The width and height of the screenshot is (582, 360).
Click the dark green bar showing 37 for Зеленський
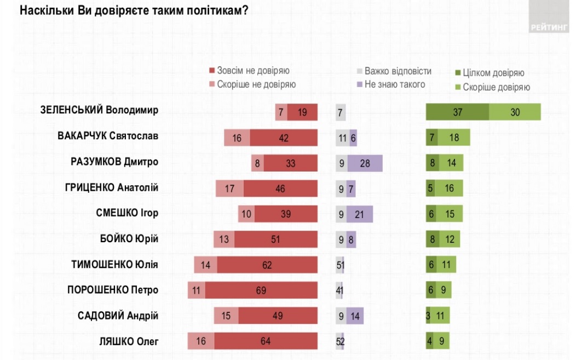457,112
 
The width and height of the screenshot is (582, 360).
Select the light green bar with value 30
515,112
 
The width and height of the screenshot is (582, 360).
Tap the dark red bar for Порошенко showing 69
262,290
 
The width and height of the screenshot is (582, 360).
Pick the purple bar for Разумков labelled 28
365,163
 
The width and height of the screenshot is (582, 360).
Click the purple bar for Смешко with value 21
360,214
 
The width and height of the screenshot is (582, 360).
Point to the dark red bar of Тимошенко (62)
267,265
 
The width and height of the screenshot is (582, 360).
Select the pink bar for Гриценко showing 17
230,188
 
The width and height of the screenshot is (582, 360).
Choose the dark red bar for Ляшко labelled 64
266,341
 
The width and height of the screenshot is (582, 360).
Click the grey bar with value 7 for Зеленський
341,112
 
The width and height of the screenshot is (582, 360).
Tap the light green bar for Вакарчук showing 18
454,138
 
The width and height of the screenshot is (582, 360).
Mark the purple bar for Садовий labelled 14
355,316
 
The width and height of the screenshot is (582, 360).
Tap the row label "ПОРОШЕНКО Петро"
113,290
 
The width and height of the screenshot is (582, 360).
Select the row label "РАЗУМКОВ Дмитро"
115,162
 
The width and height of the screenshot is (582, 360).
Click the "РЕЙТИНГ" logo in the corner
549,27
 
